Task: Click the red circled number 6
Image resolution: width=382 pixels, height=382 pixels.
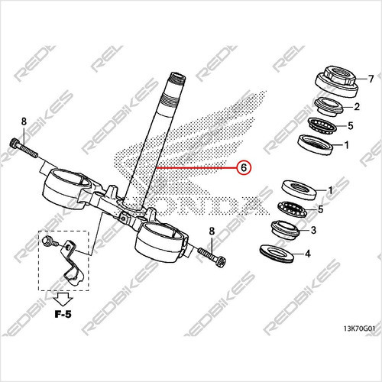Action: tap(243, 167)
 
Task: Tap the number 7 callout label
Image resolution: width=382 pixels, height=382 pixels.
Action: tap(371, 79)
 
